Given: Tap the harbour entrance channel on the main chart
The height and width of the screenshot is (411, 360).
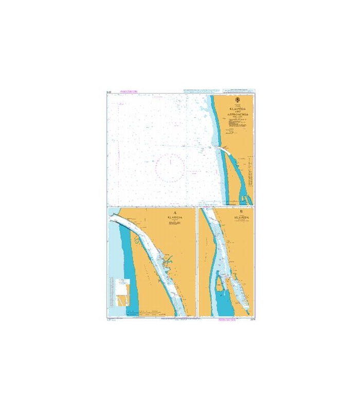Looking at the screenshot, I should click(x=223, y=149).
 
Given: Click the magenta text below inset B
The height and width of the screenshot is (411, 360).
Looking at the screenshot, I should click(x=225, y=320).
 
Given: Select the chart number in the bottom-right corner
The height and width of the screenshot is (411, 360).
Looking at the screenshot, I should click(x=250, y=320).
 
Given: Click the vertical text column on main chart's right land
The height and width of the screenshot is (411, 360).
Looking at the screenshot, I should click(x=248, y=172).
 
